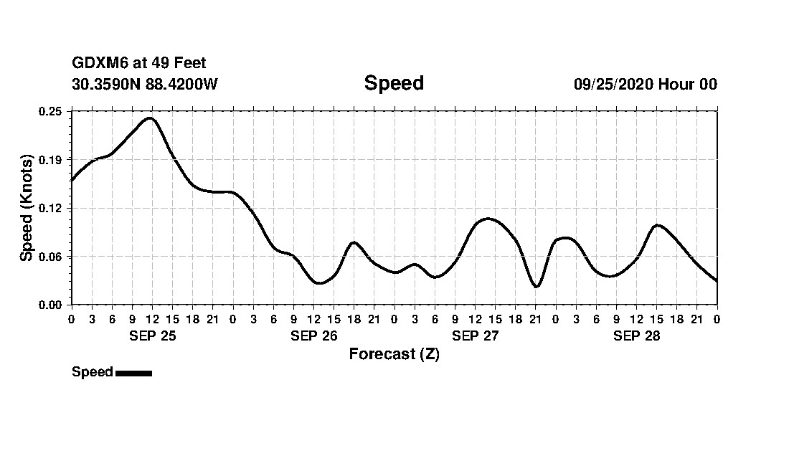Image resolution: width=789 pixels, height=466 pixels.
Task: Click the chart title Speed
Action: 394,83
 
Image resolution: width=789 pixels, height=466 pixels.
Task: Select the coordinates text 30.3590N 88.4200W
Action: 145,84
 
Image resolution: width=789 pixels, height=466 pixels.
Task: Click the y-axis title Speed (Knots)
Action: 27,208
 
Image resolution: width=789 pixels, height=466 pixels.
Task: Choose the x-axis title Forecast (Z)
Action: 394,354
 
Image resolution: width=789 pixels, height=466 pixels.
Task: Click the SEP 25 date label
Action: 152,336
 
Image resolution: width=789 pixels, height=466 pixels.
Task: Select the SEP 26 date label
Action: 313,336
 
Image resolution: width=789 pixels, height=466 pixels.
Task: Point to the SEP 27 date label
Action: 475,336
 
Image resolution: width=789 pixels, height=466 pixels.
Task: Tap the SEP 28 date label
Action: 636,336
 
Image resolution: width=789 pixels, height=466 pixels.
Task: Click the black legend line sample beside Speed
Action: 133,373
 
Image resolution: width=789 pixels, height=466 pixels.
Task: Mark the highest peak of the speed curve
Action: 150,118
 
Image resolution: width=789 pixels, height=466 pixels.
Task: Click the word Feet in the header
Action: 190,64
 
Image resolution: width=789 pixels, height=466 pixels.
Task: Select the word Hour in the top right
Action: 676,84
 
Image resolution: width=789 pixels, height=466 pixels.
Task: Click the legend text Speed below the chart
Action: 93,372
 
